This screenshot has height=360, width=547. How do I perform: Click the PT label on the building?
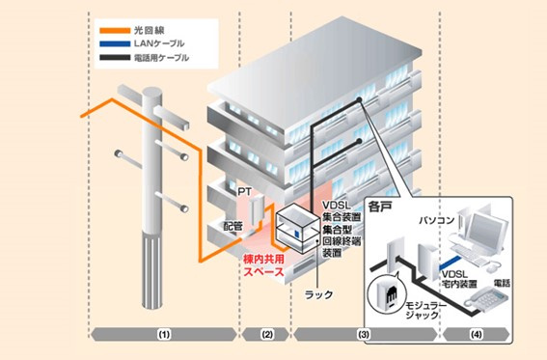pos(244,193)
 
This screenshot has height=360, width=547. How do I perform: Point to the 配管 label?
pos(233,224)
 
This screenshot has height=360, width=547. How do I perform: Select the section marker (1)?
pos(163,334)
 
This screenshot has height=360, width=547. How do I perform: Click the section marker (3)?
pos(364,334)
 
